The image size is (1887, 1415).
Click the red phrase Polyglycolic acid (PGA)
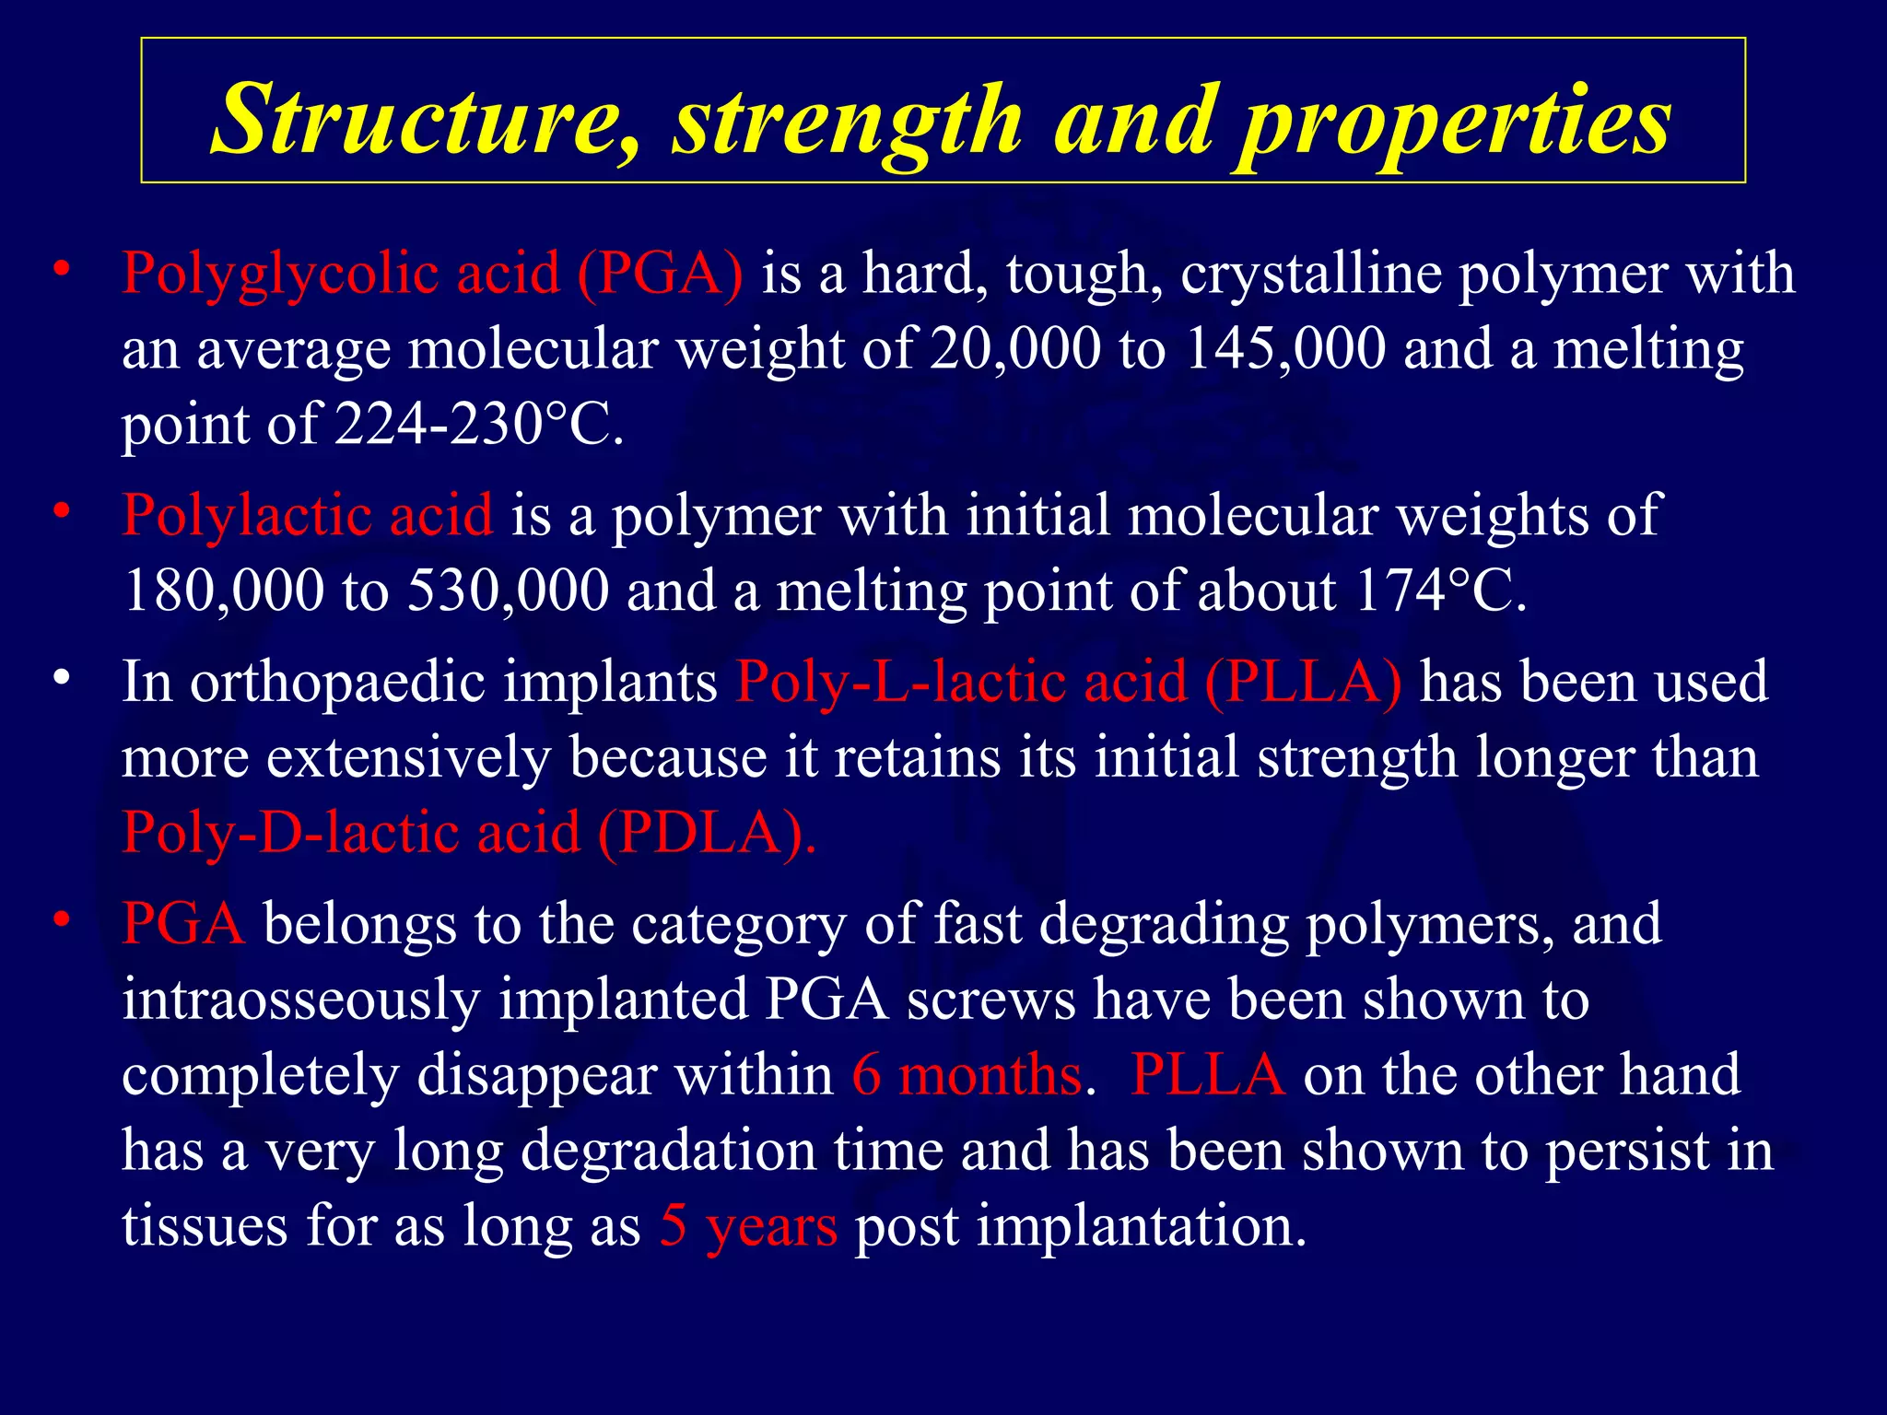[432, 274]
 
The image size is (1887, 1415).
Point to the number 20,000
[1014, 349]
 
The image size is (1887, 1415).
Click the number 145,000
[1284, 349]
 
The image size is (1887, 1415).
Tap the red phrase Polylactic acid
[307, 514]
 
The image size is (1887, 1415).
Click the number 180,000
[223, 590]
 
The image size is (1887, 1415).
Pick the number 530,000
[508, 590]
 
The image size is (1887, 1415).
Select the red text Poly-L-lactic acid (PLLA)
[1069, 683]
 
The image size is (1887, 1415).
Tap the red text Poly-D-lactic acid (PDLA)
[468, 833]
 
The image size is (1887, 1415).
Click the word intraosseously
[300, 1000]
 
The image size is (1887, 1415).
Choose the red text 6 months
[967, 1075]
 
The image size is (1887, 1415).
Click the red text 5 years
[748, 1226]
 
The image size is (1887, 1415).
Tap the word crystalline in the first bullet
[1310, 274]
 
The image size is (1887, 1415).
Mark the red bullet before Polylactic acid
[62, 510]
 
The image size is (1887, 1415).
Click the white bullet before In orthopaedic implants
[62, 679]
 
